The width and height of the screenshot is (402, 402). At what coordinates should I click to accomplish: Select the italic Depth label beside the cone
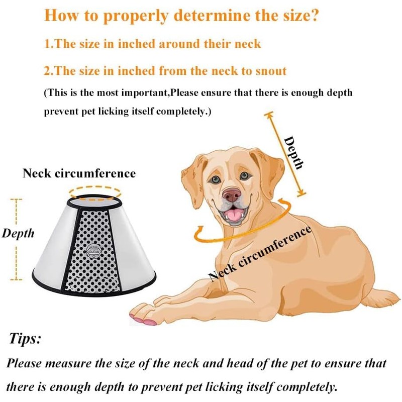point(18,233)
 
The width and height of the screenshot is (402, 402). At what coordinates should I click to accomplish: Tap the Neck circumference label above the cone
point(79,173)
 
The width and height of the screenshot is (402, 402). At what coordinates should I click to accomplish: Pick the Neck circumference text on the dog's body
point(260,254)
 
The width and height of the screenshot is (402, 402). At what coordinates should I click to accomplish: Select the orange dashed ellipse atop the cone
point(95,191)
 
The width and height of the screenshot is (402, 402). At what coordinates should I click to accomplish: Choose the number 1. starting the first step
point(49,43)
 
